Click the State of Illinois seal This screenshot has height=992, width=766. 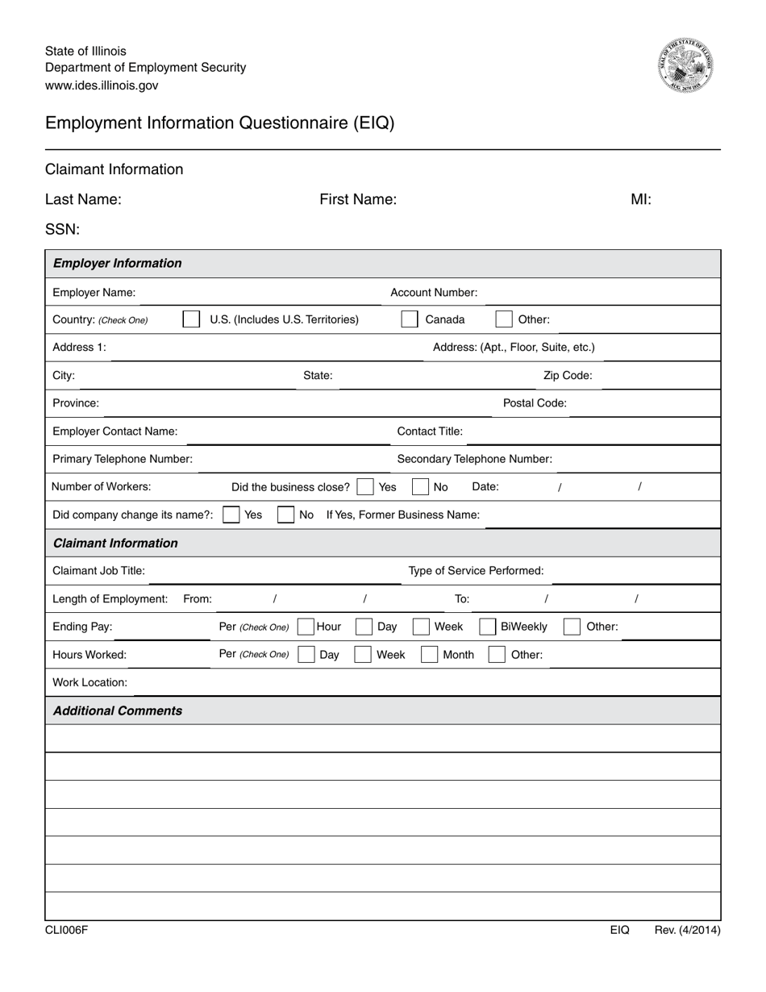(x=685, y=65)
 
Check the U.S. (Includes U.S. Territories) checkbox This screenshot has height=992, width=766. (x=191, y=319)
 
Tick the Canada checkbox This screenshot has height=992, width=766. (x=410, y=319)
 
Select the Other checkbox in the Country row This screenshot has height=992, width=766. (x=504, y=319)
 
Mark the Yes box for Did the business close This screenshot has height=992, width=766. (x=365, y=487)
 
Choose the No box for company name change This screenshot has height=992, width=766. (x=285, y=515)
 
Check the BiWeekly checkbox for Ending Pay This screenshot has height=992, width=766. (x=487, y=627)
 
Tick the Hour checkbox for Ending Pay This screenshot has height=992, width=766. (x=306, y=627)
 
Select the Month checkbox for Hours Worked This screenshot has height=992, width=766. (x=430, y=655)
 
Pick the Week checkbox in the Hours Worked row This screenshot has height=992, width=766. (x=364, y=655)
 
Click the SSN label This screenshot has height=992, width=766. (x=62, y=230)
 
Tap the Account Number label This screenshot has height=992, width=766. (x=434, y=293)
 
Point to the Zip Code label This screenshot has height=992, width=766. (x=568, y=376)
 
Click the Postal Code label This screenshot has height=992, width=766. (x=535, y=403)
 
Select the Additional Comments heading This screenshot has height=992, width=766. (x=118, y=711)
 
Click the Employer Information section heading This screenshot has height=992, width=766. (x=118, y=263)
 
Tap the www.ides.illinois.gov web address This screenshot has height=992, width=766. (x=102, y=85)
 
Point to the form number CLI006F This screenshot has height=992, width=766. (x=66, y=930)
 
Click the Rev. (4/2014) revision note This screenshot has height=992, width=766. (x=687, y=930)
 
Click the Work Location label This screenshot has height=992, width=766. (x=90, y=682)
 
